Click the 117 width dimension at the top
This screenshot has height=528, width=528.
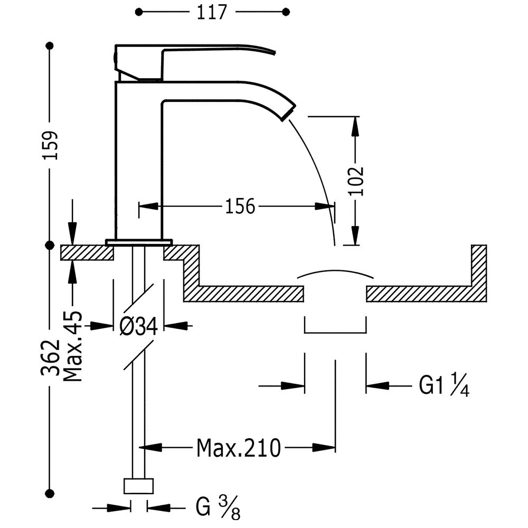pos(212,13)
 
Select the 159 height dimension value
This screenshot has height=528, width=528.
pos(50,145)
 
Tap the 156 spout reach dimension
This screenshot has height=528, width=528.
pos(240,206)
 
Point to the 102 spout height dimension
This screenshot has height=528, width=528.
pos(356,181)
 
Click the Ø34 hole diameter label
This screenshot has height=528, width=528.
pos(138,326)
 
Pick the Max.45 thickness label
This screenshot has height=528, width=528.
pos(73,346)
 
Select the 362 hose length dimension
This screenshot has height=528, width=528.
pos(50,357)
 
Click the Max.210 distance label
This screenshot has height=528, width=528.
pos(239,448)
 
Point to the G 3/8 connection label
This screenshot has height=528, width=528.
pos(218,506)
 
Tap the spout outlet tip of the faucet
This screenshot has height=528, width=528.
pos(289,112)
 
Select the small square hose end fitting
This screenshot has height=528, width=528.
pos(139,486)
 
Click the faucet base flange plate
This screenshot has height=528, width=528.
pos(139,242)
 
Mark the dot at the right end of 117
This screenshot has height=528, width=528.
pos(286,12)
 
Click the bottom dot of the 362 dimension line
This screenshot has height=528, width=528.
pos(50,494)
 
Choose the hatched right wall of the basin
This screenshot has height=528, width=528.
pos(479,273)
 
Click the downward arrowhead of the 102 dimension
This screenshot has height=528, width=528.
pos(355,235)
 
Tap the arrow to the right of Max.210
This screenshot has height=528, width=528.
pos(324,448)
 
